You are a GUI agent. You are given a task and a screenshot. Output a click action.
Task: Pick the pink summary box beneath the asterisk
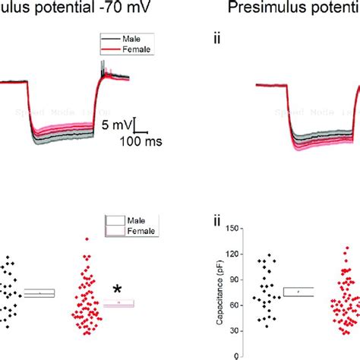118,304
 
